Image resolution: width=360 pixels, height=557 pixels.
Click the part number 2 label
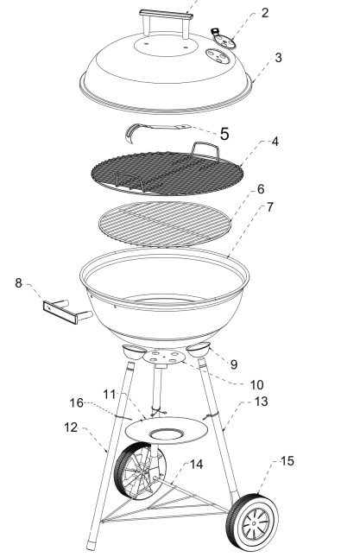265,13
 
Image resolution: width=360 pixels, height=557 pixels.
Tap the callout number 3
278,58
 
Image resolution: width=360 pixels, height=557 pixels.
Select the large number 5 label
224,134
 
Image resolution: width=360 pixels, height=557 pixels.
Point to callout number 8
18,283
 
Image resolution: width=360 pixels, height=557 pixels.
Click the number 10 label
256,384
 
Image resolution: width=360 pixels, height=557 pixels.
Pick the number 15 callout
287,461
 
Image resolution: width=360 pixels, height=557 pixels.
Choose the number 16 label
76,402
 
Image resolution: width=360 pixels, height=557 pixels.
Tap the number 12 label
71,427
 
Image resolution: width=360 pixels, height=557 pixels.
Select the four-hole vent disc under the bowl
164,357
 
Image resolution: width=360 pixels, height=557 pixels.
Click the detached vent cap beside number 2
224,40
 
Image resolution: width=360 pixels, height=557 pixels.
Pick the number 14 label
196,464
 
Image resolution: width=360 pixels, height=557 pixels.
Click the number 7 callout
270,207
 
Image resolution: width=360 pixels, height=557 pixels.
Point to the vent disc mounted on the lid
218,56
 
